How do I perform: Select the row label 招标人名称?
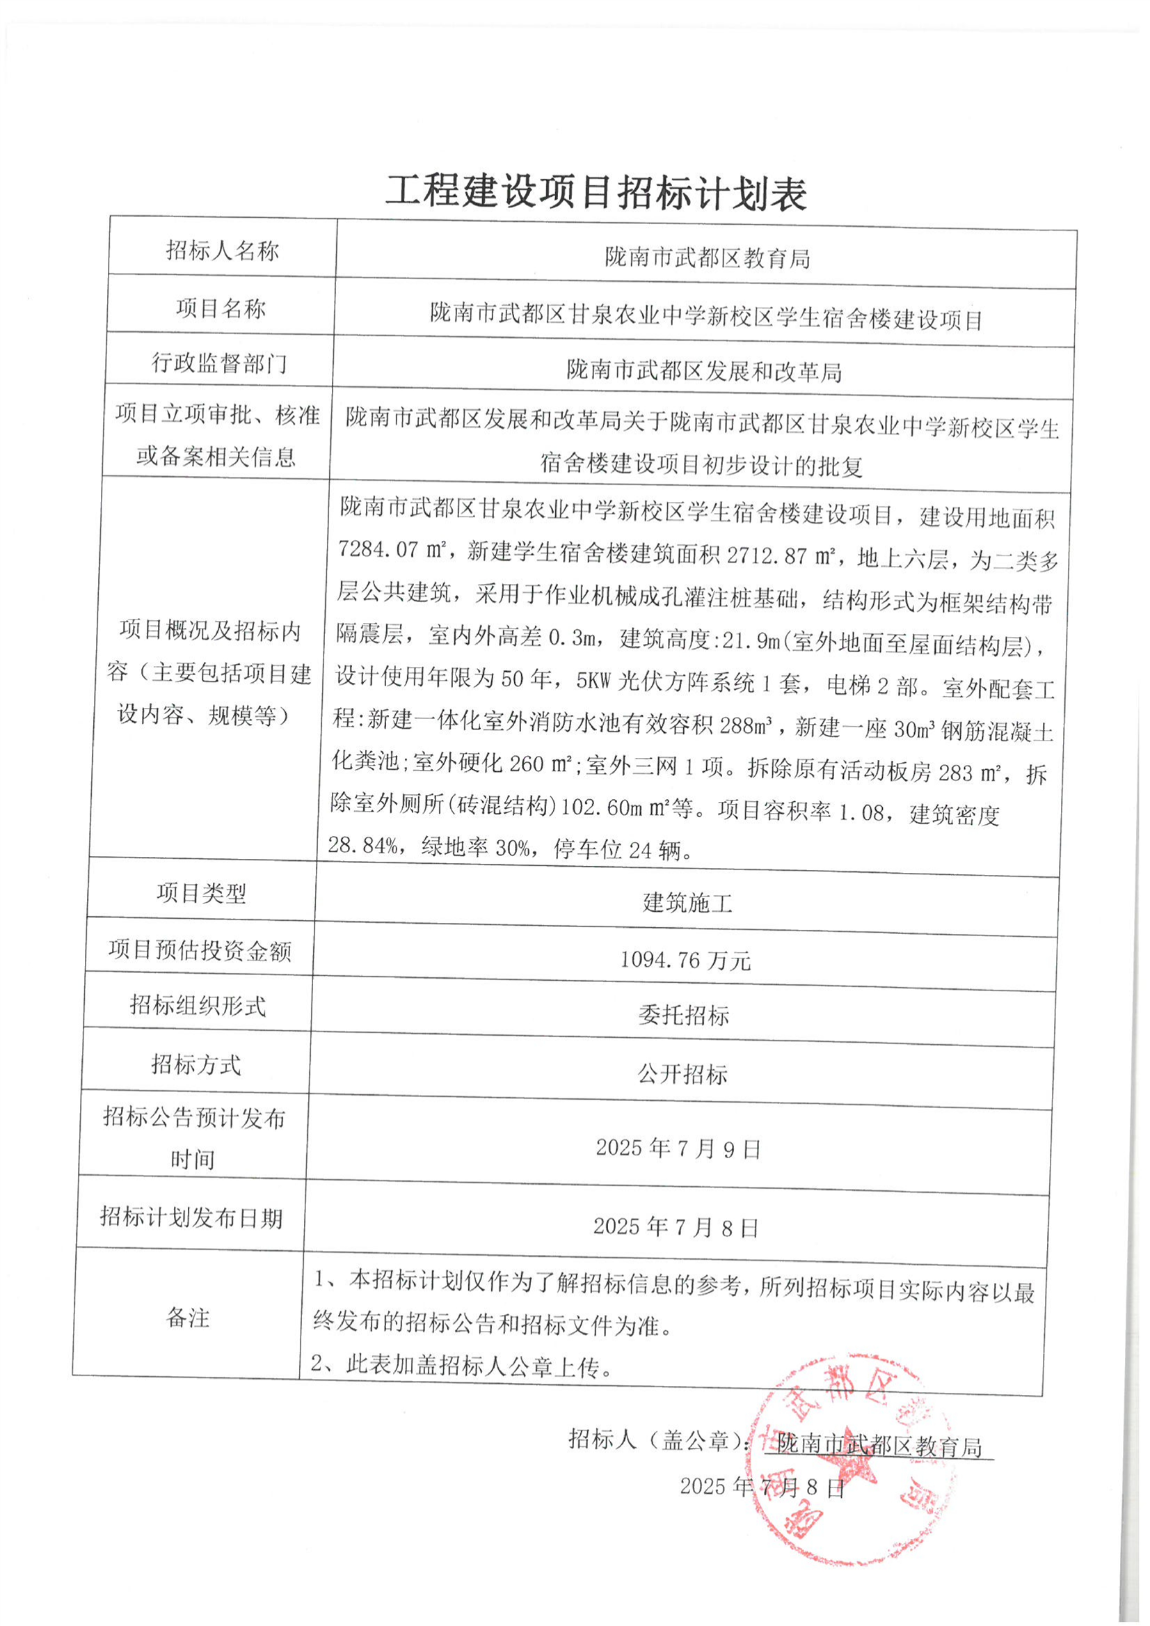[x=222, y=251]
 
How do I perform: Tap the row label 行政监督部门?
[x=219, y=363]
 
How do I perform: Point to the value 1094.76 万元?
[x=685, y=961]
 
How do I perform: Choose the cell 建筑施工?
[x=686, y=903]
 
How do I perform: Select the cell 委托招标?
[x=682, y=1016]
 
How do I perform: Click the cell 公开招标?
[x=682, y=1075]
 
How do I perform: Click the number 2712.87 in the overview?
[x=767, y=556]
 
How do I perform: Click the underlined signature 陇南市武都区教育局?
[x=879, y=1445]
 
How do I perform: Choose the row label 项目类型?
[x=202, y=894]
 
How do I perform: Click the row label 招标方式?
[x=195, y=1064]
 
